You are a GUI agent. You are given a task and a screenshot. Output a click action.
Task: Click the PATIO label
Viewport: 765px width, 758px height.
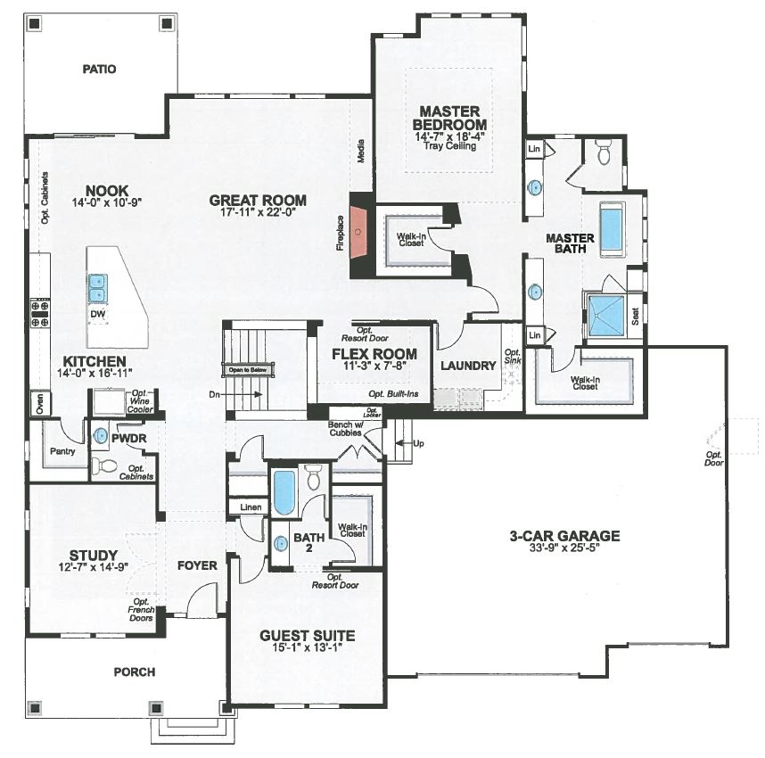coord(100,69)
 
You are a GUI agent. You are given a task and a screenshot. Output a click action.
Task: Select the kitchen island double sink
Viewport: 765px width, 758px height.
coord(97,288)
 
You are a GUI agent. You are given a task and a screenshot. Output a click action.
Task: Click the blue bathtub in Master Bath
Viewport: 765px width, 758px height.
coord(611,229)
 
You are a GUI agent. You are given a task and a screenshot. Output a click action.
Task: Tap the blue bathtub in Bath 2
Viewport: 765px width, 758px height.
coord(284,493)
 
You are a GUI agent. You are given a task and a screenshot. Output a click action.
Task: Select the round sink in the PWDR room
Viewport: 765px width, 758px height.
coord(101,436)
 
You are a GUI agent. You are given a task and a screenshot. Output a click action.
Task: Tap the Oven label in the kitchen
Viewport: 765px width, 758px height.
coord(38,404)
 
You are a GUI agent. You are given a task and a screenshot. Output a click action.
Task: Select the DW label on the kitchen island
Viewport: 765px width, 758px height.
coord(97,314)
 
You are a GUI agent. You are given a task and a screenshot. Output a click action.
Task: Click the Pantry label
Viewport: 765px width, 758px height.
coord(63,451)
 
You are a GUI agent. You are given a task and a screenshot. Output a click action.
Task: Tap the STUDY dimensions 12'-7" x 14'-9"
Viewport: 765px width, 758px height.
coord(94,567)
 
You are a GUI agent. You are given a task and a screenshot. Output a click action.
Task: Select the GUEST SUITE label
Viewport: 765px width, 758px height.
coord(307,636)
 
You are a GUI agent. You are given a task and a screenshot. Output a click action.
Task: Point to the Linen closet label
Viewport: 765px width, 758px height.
coord(249,507)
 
